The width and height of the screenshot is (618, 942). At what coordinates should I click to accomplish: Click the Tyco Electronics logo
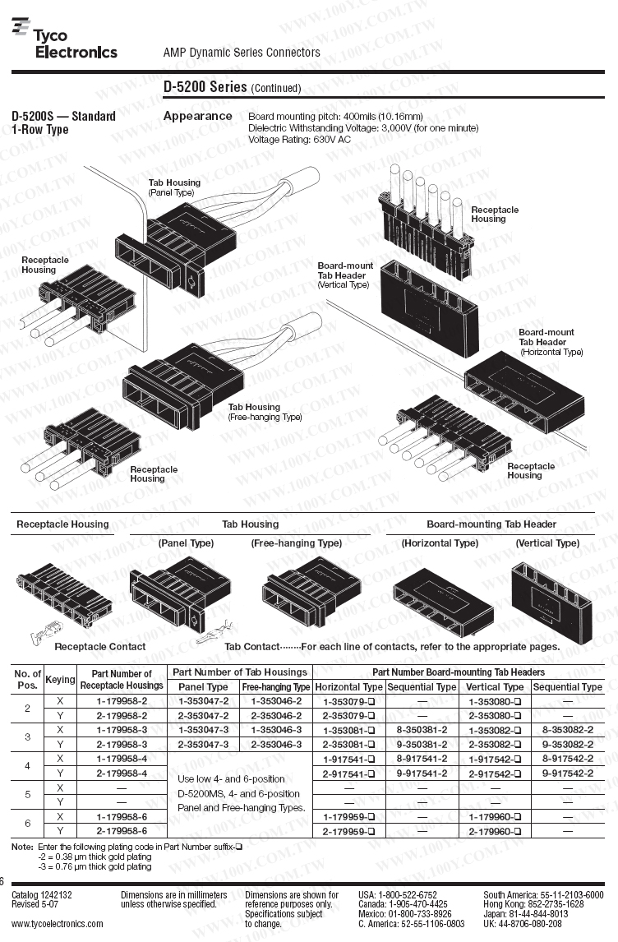(x=64, y=40)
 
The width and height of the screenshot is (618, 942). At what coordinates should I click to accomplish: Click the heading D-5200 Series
(x=205, y=86)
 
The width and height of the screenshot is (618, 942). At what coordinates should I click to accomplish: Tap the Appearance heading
(x=197, y=116)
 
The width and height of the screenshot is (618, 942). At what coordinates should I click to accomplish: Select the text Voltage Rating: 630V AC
(x=299, y=140)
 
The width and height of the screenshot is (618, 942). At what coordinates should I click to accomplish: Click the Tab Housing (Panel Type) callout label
(x=173, y=187)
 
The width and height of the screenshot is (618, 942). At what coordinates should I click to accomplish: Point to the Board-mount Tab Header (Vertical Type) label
(x=345, y=275)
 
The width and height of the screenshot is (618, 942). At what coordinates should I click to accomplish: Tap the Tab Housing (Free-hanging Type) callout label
(x=265, y=412)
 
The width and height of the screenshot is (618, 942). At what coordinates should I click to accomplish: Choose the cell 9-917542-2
(x=567, y=773)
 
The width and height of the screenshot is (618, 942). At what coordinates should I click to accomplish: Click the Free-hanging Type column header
(x=276, y=687)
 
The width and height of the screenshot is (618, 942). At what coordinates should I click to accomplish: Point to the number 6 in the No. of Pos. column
(x=27, y=824)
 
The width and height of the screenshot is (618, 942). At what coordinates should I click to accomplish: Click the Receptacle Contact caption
(x=99, y=646)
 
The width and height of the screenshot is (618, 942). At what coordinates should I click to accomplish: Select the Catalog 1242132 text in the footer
(x=42, y=894)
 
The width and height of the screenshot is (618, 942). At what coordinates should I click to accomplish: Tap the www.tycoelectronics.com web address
(x=58, y=923)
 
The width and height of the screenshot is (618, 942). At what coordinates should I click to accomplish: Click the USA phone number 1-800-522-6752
(x=409, y=894)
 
